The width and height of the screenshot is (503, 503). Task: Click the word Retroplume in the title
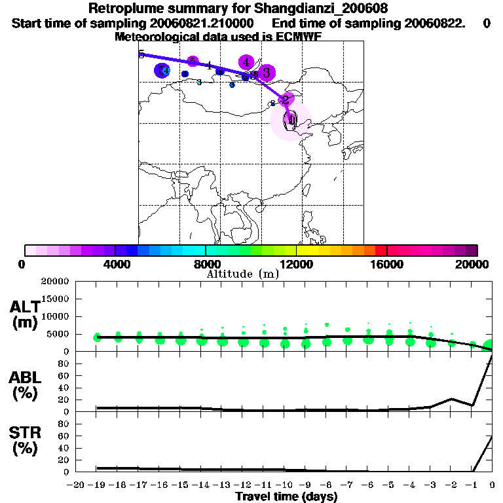point(127,9)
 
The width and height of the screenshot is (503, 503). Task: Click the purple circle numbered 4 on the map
point(246,62)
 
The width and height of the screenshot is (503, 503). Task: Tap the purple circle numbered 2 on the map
point(286,100)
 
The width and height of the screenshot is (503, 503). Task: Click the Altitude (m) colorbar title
point(242,274)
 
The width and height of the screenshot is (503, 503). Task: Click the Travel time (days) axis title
point(286,497)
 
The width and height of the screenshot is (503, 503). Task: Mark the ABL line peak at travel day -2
point(451,399)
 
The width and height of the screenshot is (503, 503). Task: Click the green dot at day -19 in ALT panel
point(98,337)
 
